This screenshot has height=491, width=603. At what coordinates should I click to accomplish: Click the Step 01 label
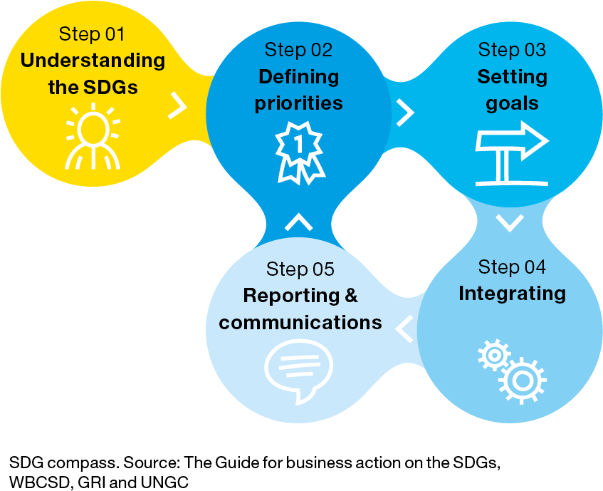click(92, 34)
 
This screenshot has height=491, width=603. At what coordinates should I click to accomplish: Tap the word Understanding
click(93, 61)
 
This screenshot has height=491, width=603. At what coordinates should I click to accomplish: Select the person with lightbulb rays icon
click(93, 136)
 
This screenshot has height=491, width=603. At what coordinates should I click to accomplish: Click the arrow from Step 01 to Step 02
click(177, 105)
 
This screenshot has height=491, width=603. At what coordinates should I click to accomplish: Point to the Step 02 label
click(298, 50)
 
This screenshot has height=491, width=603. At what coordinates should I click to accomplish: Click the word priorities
click(298, 103)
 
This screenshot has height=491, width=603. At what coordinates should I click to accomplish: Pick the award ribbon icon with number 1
click(300, 153)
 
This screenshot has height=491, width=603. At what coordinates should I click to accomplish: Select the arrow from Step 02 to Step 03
click(405, 113)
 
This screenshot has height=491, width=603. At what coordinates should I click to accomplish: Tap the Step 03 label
click(512, 50)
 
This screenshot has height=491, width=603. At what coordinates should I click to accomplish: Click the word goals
click(512, 104)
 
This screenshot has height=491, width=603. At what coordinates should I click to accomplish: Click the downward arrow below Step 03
click(510, 223)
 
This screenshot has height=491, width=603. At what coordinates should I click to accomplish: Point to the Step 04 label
click(512, 267)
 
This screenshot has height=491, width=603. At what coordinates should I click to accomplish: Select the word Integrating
click(513, 294)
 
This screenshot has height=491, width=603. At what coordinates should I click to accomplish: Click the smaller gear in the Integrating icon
click(494, 355)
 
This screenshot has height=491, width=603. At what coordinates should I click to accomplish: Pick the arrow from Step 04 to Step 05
click(404, 329)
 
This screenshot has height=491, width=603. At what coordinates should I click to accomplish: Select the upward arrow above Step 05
click(299, 222)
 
